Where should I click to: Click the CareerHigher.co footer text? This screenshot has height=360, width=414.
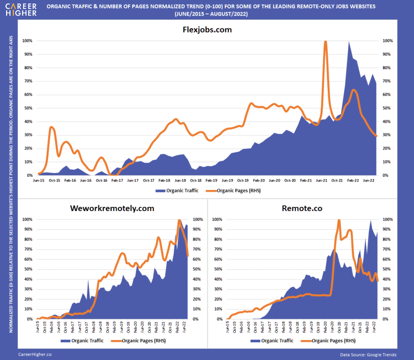[35, 355]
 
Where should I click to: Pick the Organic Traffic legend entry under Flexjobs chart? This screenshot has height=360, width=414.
[177, 191]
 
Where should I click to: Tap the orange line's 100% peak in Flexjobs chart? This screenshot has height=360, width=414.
[325, 41]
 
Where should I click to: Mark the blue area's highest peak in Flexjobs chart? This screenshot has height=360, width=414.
[349, 42]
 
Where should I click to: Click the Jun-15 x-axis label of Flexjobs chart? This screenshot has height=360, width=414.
[38, 180]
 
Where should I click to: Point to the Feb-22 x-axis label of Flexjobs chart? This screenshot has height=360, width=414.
[353, 180]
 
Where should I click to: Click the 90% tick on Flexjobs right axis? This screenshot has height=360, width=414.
[387, 54]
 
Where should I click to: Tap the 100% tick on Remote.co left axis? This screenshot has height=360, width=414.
[216, 219]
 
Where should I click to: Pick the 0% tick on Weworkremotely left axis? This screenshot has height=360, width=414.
[28, 319]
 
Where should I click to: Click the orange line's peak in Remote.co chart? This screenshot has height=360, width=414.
[339, 220]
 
